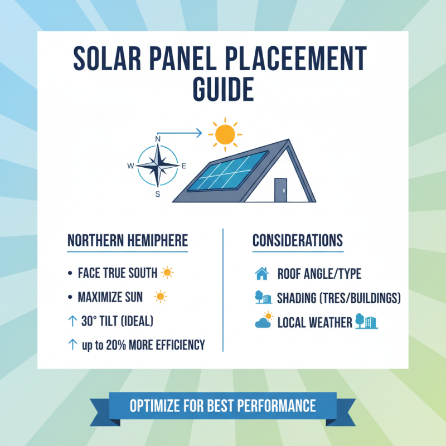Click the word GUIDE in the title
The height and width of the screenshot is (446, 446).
coord(223,89)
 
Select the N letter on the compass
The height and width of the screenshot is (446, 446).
coord(158,139)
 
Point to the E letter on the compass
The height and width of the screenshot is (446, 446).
coord(184,166)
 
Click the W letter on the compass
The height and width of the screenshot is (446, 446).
coord(130,166)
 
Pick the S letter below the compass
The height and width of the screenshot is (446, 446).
coord(158,194)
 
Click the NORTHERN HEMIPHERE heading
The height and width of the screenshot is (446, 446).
coord(128,241)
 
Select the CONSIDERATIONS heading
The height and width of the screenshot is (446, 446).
coord(298,241)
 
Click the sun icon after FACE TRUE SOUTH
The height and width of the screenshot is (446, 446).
coord(167,273)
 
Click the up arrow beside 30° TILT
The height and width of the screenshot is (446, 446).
coord(71,321)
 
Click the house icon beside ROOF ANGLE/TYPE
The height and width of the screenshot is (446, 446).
coord(261,274)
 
